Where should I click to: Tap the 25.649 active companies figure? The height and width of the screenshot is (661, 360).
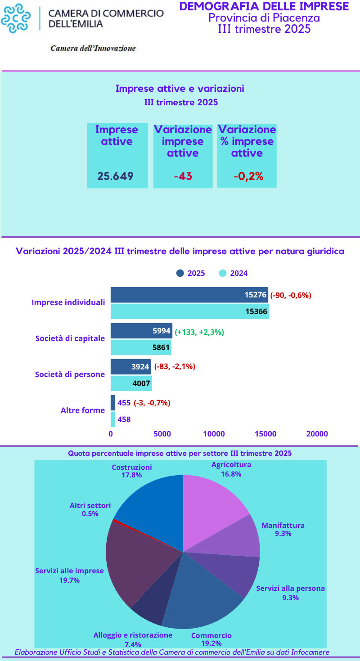(116, 176)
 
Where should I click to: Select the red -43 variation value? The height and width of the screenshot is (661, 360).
(183, 176)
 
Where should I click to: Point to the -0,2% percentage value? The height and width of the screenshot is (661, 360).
(248, 176)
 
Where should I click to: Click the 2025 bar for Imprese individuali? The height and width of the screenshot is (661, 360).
(189, 295)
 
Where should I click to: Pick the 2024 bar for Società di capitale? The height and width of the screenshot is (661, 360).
(141, 347)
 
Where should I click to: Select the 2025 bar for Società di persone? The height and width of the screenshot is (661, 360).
(130, 367)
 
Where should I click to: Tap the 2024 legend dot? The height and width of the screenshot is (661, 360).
(222, 273)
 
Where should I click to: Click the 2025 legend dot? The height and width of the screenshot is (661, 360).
(180, 273)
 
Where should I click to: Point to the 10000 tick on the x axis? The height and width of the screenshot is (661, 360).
(214, 434)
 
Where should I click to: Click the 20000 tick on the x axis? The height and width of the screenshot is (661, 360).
(317, 434)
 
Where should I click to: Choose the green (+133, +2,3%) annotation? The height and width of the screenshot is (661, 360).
(199, 332)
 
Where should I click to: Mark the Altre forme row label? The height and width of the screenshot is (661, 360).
(82, 410)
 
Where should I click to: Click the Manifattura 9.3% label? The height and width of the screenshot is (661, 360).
(283, 529)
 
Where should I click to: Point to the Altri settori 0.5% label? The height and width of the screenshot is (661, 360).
(90, 509)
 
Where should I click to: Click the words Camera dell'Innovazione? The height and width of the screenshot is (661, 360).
(93, 48)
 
